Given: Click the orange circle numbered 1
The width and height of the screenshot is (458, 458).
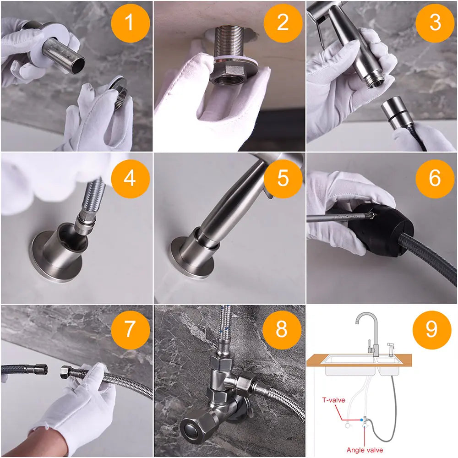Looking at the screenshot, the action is click(x=131, y=23).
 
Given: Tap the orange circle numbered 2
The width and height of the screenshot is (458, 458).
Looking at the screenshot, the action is click(x=283, y=23).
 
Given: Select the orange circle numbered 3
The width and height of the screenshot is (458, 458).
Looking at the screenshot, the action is click(x=435, y=23).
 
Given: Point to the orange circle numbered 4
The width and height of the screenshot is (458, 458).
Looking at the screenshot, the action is click(x=131, y=179).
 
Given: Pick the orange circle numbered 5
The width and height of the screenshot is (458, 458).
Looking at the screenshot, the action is click(x=283, y=179).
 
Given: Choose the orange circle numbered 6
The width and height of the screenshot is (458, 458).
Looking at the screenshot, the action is click(x=435, y=179).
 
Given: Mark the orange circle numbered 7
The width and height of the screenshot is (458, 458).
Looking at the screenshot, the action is click(x=131, y=330).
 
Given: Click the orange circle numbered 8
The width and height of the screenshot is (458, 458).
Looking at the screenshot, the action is click(x=282, y=330).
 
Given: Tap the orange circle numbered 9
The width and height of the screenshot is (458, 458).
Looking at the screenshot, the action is click(x=432, y=330).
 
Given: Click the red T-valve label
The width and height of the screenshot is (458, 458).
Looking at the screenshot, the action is click(x=333, y=400).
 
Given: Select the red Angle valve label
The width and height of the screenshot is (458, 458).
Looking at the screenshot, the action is click(x=365, y=450).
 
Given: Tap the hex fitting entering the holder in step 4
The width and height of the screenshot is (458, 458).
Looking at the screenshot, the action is click(x=82, y=224).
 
